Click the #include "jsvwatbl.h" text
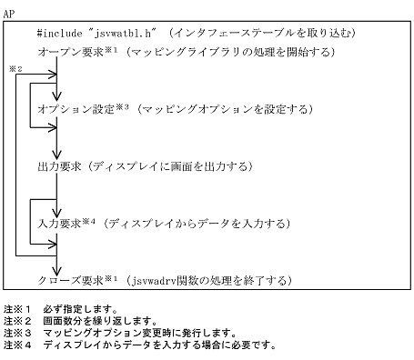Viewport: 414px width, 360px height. point(94,34)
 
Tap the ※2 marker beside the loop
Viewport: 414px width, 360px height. point(15,68)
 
